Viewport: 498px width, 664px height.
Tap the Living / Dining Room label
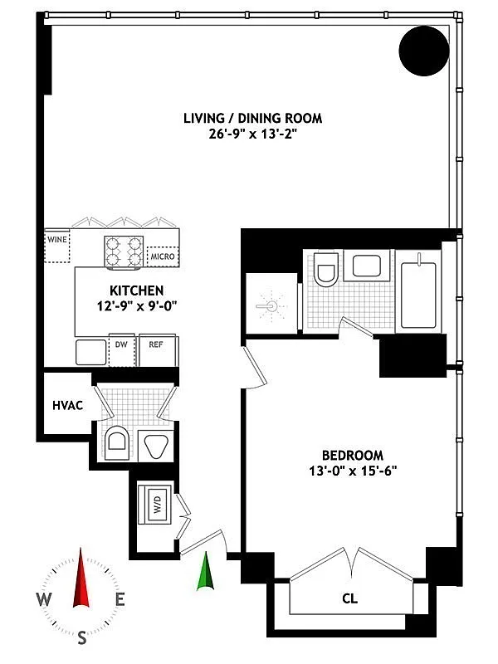252,119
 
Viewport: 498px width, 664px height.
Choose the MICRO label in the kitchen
162,256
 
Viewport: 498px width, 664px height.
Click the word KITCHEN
136,290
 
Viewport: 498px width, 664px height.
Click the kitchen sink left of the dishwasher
90,352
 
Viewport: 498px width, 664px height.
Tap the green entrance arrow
205,572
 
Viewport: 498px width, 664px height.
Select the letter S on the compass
81,638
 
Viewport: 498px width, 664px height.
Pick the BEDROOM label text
352,455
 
